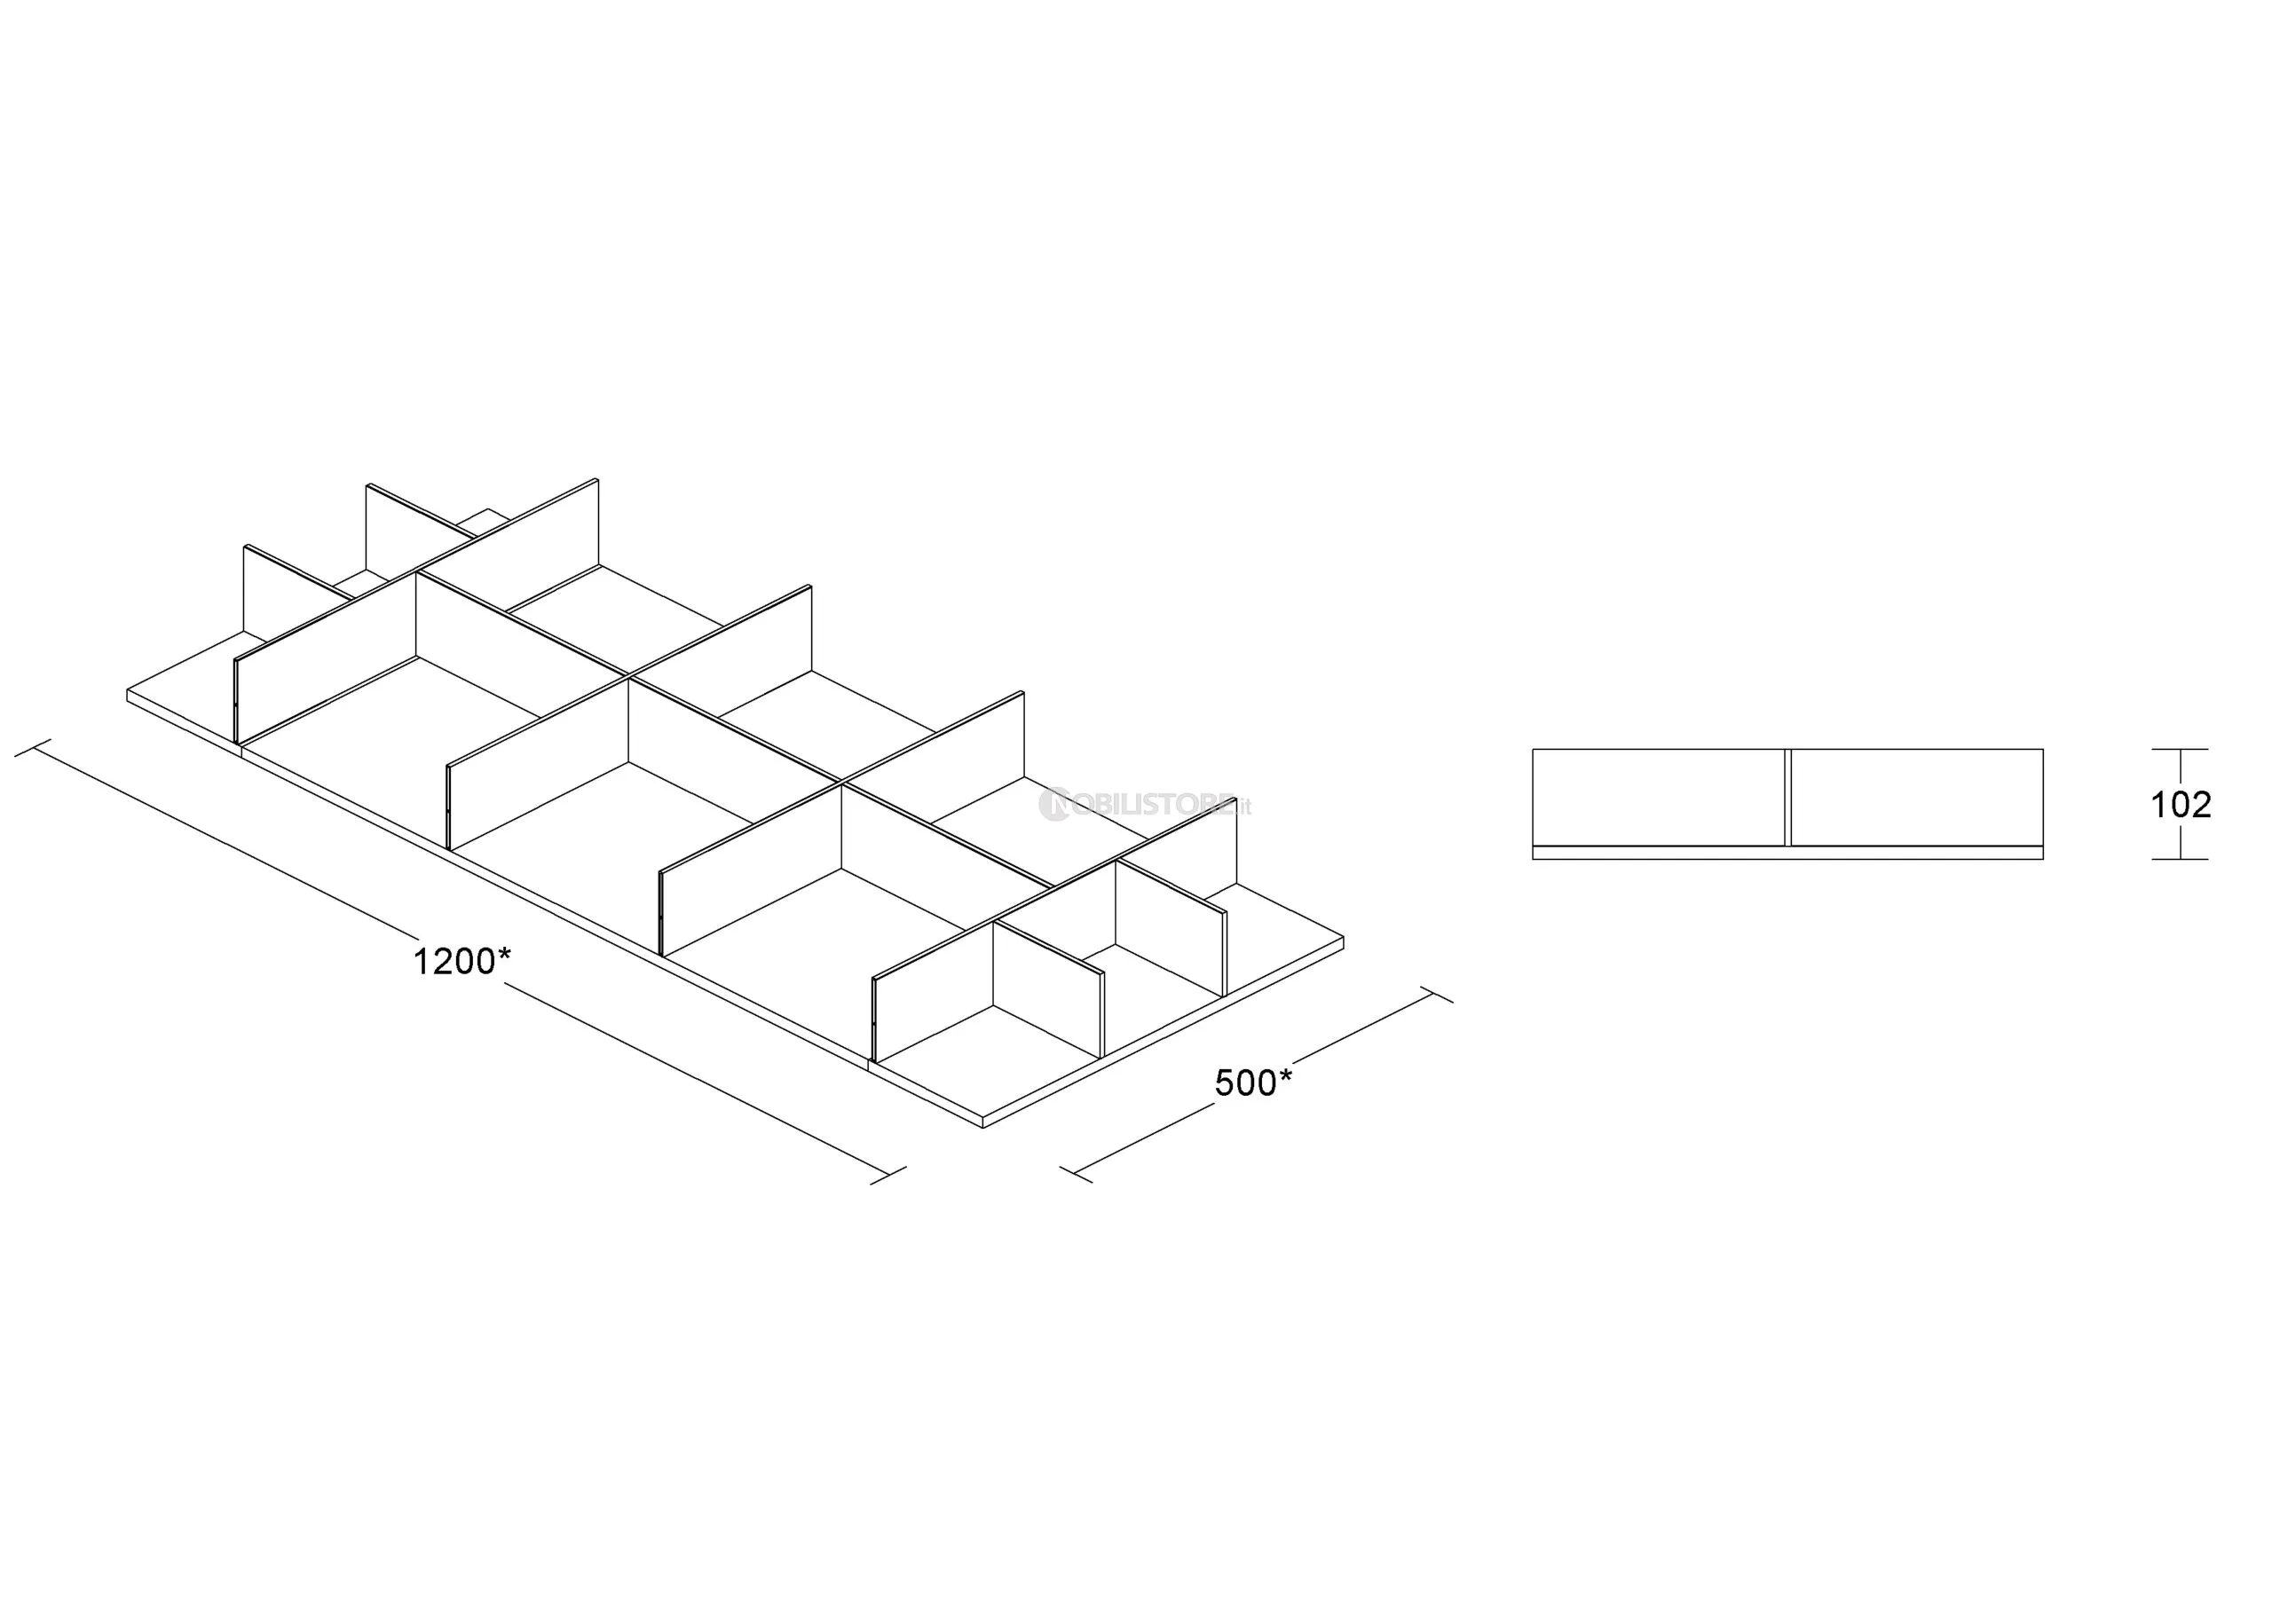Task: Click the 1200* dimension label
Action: click(462, 961)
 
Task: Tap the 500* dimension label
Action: click(1253, 1083)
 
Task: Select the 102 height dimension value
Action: click(2181, 805)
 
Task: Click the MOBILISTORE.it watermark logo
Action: click(1145, 805)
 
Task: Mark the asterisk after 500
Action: click(1284, 1075)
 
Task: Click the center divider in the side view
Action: click(1787, 798)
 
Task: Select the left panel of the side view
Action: click(1659, 798)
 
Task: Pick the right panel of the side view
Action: click(1917, 798)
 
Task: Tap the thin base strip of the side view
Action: click(1787, 853)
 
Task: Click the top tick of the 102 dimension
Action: click(2180, 749)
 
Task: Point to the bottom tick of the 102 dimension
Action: click(2180, 859)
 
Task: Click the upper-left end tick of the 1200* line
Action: click(33, 748)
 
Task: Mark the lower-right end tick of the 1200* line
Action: click(888, 1176)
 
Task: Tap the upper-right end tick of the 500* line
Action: click(1437, 995)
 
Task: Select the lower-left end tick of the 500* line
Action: click(1076, 1176)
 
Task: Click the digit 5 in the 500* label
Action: click(1224, 1083)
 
